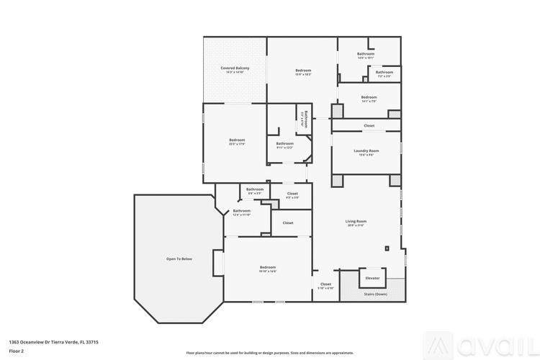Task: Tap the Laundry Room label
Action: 366,150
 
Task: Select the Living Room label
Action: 356,221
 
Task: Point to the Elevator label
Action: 372,278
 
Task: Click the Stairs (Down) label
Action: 375,294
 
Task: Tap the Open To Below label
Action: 179,258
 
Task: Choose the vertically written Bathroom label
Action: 305,119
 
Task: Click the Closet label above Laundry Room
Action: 369,125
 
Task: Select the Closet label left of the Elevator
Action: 325,284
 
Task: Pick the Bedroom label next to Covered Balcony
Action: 303,70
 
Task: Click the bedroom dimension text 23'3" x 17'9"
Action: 237,144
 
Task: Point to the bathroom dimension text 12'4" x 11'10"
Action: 241,215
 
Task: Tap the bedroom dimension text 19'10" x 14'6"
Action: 268,271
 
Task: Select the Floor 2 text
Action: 16,351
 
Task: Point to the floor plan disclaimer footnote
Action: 270,353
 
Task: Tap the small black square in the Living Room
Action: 387,248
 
